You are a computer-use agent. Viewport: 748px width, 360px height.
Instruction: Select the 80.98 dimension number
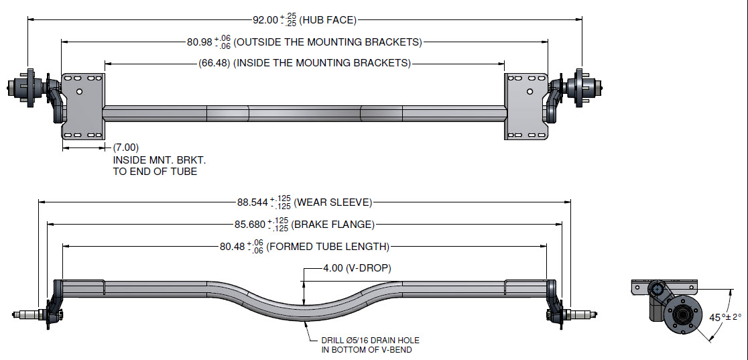click(x=199, y=42)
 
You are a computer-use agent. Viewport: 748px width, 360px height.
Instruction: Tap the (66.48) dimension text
click(x=215, y=63)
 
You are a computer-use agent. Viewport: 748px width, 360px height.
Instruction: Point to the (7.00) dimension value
click(x=126, y=147)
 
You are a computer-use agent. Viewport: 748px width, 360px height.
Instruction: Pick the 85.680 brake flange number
click(x=250, y=225)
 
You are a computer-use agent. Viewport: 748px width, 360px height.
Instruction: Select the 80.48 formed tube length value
click(x=232, y=247)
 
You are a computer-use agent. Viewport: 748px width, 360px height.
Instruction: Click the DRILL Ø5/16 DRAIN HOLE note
click(x=371, y=340)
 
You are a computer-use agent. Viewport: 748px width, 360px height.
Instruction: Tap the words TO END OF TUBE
click(x=155, y=172)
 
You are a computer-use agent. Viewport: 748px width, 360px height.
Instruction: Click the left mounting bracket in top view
click(x=83, y=106)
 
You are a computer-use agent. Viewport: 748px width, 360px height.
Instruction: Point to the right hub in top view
click(x=579, y=86)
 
